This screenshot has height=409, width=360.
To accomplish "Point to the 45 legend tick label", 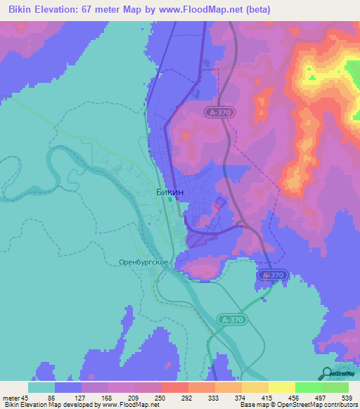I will point(28,396).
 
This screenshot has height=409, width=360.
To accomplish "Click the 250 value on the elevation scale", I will point(162,396).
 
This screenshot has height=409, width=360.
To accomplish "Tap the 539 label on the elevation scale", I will point(349,396).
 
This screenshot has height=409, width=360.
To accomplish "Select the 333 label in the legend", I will point(215,396).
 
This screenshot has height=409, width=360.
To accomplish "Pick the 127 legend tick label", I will point(82,396).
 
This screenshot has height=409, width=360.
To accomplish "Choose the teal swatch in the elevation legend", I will point(41,387).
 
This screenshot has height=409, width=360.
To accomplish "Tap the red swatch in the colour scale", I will point(175,387).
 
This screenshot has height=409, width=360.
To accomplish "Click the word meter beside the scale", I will point(12,396).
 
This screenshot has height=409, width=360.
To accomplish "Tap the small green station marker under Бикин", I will point(170,200).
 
